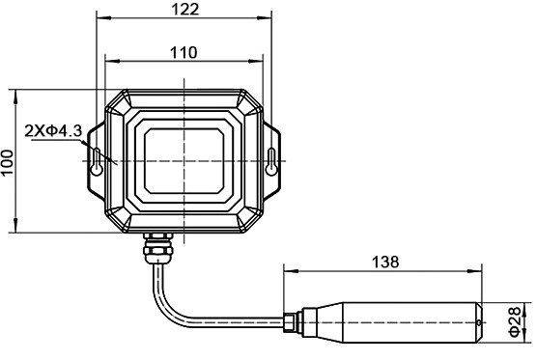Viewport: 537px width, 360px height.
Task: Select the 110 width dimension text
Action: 184,52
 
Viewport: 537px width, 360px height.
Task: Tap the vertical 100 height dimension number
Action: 9,163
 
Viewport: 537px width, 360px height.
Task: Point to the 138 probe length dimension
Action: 383,261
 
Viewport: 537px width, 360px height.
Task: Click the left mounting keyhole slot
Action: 97,160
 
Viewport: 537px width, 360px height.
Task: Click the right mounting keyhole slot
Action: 271,160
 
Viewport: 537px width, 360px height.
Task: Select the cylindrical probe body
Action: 406,320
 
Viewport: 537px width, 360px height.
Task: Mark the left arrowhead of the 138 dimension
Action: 287,272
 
